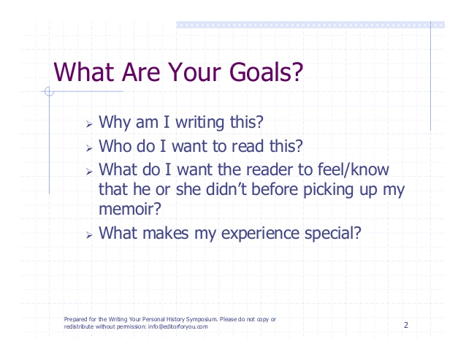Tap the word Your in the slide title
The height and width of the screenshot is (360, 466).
pos(194,72)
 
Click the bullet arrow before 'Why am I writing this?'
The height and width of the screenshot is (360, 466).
pos(89,124)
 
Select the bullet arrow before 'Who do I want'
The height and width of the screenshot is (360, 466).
pos(89,148)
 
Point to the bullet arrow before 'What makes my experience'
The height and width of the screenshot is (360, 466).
pos(89,235)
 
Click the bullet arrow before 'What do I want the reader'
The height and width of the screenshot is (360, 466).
pos(89,172)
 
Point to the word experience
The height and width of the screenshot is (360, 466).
pos(260,234)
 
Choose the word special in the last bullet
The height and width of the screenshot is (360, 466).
pos(329,234)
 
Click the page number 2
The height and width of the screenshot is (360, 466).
pos(406,325)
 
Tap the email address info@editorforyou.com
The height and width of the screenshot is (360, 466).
pos(178,326)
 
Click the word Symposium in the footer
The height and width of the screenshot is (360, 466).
pos(202,320)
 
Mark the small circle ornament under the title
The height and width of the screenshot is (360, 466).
pos(49,91)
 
